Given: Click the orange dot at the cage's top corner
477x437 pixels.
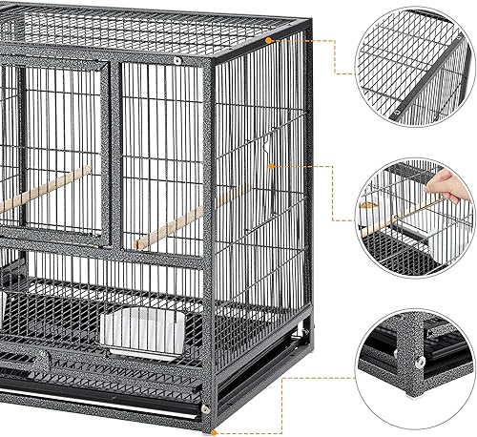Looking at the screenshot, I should click(270, 41).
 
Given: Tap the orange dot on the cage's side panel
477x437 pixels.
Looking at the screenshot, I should click(271, 164).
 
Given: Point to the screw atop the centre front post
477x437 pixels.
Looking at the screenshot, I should click(177, 60).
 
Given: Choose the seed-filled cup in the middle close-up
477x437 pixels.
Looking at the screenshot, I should click(373, 204).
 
